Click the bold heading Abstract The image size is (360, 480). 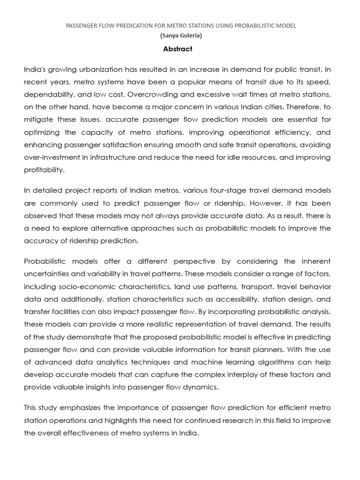coord(178,49)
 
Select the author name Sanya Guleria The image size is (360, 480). coord(180,36)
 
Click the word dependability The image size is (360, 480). coord(48,95)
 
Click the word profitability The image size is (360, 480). coord(44,170)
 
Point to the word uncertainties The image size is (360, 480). coord(48,274)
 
